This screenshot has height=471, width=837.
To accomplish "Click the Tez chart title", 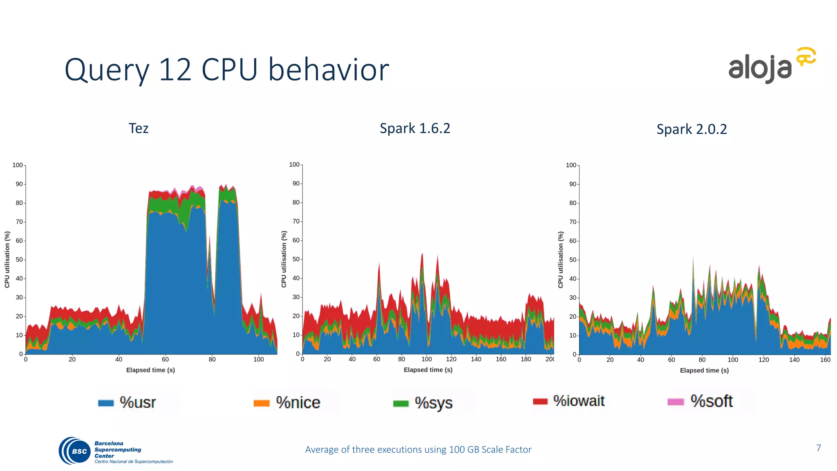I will [138, 128].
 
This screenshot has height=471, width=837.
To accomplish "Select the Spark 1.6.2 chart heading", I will [414, 128].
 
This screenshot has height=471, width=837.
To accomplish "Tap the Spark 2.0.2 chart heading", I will [692, 129].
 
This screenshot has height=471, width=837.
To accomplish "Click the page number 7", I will [818, 448].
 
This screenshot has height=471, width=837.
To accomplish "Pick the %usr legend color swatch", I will [106, 403].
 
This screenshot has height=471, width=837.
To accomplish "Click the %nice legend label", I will [298, 403].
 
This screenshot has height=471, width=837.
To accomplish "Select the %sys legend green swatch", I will [401, 404].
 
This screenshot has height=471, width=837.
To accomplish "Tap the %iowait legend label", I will [579, 401].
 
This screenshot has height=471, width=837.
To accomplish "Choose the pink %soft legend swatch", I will [675, 402].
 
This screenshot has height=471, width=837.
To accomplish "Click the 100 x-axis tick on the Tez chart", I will [258, 360].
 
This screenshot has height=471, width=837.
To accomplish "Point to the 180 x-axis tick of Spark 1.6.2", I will [526, 359].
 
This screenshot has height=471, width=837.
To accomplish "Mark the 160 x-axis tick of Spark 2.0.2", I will [825, 360].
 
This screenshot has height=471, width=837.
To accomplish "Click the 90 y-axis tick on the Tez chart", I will [19, 184].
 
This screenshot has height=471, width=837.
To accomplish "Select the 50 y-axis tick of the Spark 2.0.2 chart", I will [573, 260].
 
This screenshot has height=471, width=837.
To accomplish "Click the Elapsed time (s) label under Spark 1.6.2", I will [428, 370].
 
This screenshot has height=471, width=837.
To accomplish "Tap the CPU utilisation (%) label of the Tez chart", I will [7, 259].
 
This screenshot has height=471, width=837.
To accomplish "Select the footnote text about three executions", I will [418, 450].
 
